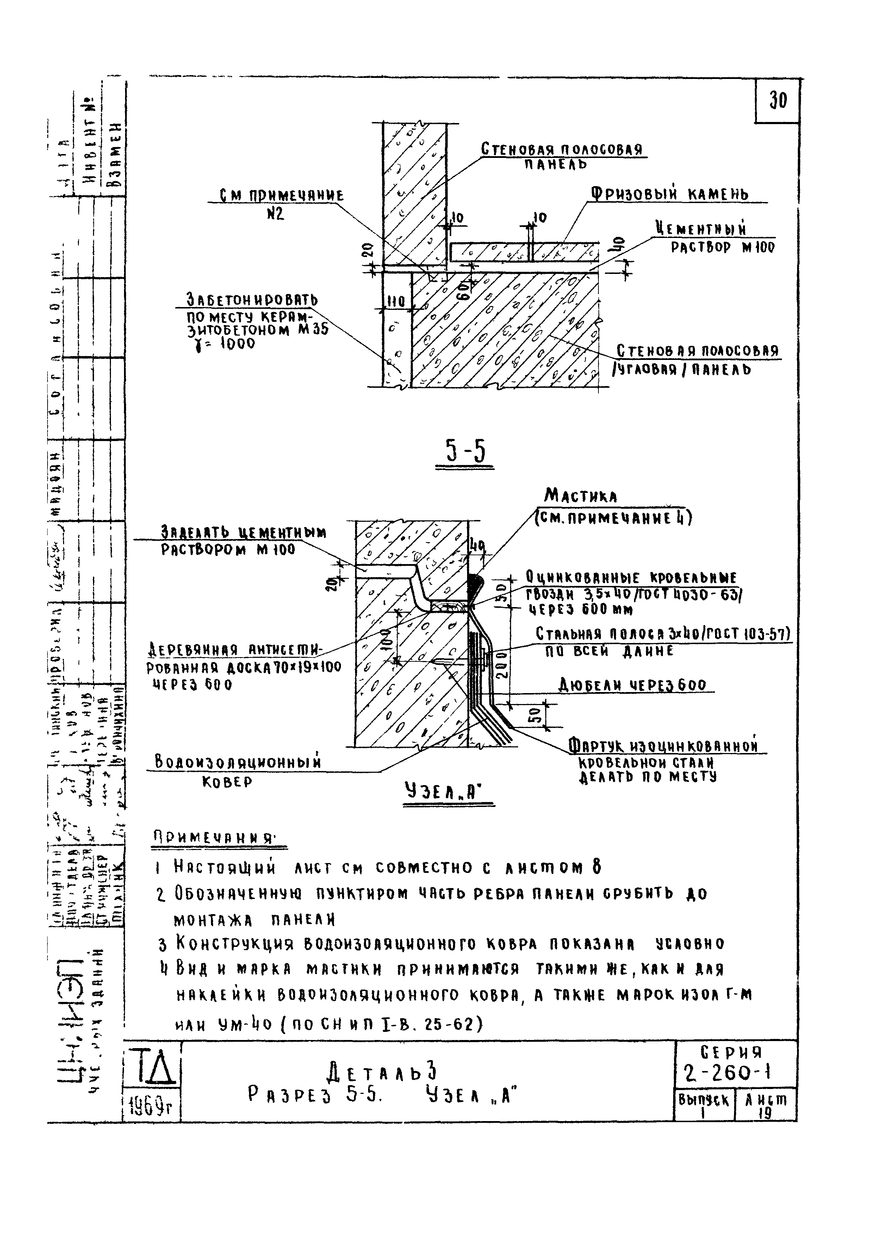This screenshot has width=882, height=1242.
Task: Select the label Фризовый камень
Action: (x=670, y=194)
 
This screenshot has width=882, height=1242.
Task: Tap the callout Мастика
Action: (x=580, y=496)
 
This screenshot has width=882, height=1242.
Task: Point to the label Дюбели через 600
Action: (x=633, y=685)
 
